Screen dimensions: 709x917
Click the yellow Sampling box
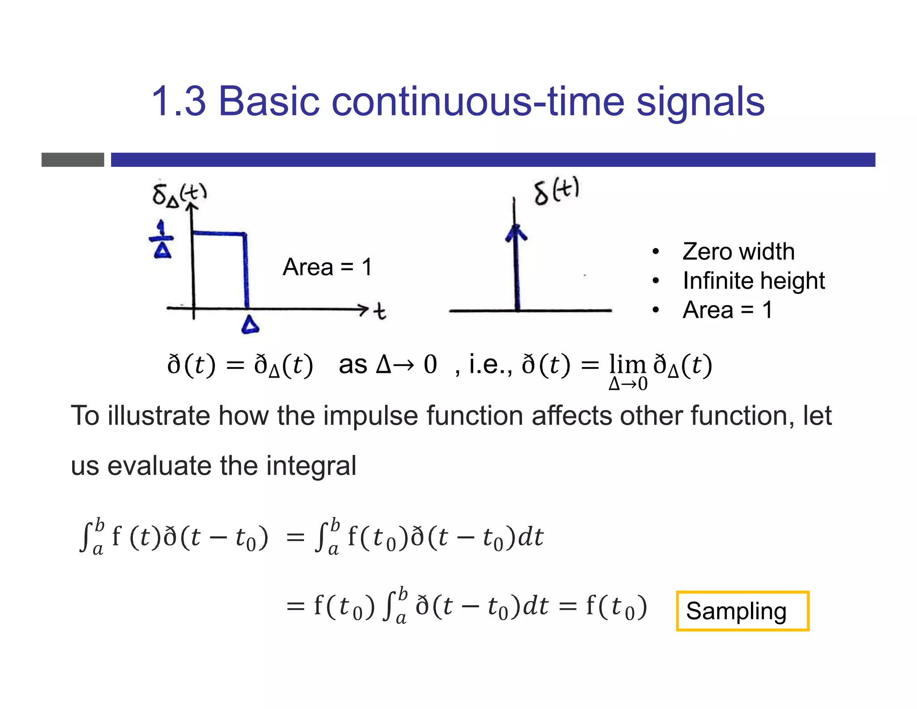point(742,611)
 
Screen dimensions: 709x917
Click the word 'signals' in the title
point(700,102)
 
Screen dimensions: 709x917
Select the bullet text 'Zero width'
point(738,251)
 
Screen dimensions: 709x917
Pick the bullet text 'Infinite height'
point(754,281)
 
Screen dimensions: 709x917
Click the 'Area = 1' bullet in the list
point(728,310)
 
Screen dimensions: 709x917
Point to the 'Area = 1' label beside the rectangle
point(327,268)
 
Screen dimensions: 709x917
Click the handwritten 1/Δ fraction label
point(162,240)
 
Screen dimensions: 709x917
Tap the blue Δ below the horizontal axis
point(250,325)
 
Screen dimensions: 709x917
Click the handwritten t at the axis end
point(380,311)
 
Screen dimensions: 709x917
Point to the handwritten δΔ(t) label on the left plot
point(179,195)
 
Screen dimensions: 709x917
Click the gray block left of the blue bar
point(73,160)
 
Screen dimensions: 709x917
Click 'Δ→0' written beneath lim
point(628,384)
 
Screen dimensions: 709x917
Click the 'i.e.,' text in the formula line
point(490,364)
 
